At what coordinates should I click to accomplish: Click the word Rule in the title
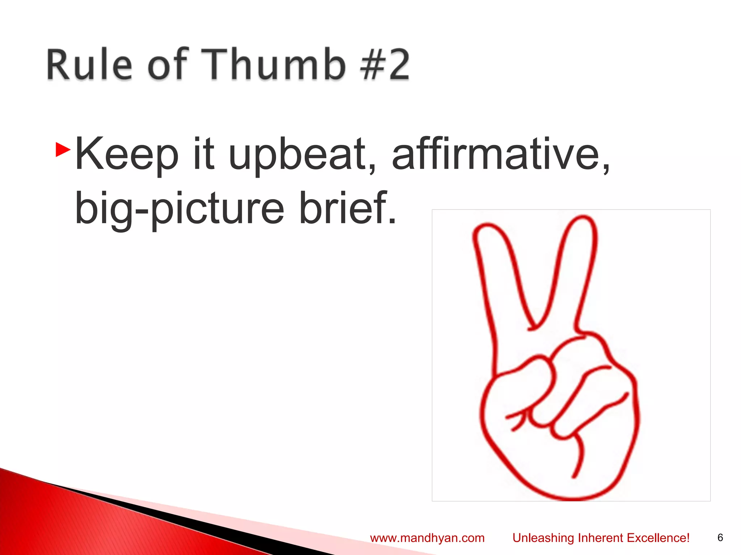pyautogui.click(x=89, y=64)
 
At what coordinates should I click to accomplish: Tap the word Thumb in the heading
pyautogui.click(x=273, y=64)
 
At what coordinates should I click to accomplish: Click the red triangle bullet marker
pyautogui.click(x=63, y=150)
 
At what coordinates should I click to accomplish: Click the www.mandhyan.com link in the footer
pyautogui.click(x=427, y=538)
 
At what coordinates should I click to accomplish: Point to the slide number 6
pyautogui.click(x=720, y=537)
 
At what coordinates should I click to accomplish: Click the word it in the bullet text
pyautogui.click(x=204, y=155)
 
